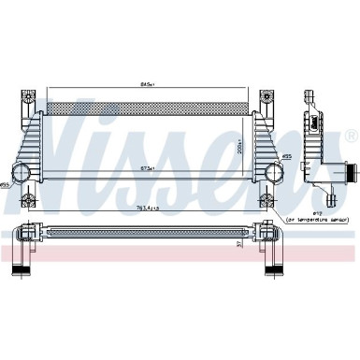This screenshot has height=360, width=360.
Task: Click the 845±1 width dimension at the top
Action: [148, 83]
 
